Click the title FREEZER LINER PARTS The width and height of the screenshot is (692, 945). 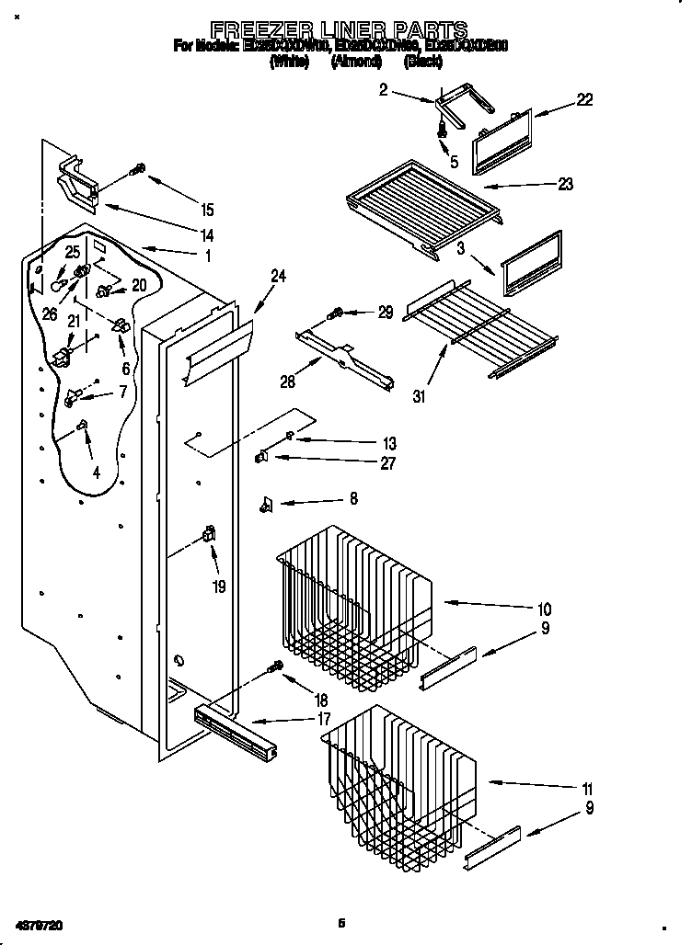340,29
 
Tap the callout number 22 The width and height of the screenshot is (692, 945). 584,100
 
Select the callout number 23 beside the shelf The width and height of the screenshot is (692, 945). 564,184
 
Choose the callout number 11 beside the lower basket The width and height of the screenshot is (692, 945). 587,789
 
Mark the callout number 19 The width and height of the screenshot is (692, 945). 218,586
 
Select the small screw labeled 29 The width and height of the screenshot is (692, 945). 337,313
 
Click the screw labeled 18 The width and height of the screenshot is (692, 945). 275,668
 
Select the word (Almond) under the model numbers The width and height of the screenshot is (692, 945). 356,62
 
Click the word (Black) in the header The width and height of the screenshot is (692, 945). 423,62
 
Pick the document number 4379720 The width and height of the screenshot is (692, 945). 39,922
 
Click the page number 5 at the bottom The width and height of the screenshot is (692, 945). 340,922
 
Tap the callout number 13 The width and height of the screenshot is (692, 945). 388,444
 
